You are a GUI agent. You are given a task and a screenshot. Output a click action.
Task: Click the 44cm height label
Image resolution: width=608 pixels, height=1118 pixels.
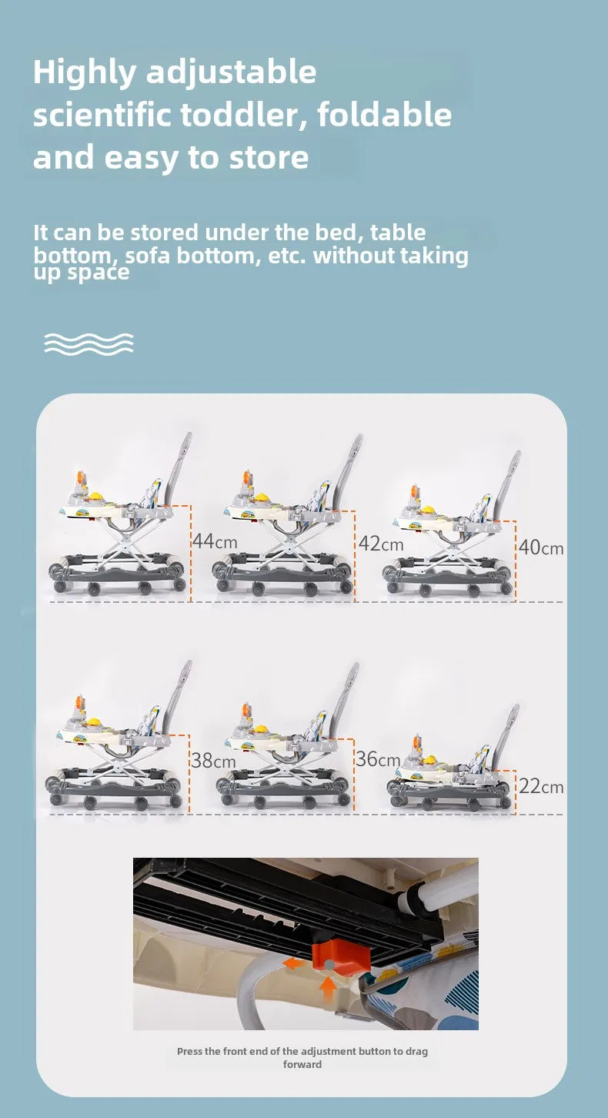pyautogui.click(x=215, y=541)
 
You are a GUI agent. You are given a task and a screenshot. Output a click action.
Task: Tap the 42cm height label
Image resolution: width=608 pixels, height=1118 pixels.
pyautogui.click(x=381, y=544)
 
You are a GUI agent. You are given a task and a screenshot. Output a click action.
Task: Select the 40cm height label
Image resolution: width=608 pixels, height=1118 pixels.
pyautogui.click(x=541, y=547)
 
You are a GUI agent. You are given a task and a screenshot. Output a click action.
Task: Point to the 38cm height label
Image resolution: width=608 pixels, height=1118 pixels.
pyautogui.click(x=213, y=761)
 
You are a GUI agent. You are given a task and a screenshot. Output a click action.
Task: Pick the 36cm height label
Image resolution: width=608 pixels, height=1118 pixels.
pyautogui.click(x=378, y=759)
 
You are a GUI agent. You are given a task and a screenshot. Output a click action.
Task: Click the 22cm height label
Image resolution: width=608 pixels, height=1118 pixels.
pyautogui.click(x=541, y=787)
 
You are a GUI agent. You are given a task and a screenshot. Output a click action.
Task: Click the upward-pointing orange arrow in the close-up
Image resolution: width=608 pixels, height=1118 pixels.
pyautogui.click(x=328, y=988)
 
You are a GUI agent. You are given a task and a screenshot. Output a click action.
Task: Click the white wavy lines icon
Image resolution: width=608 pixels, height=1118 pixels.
pyautogui.click(x=89, y=344)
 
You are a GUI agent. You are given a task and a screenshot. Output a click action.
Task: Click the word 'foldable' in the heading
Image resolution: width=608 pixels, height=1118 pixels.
pyautogui.click(x=384, y=114)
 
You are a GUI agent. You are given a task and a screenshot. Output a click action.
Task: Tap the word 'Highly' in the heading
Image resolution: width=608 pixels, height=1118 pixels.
pyautogui.click(x=84, y=73)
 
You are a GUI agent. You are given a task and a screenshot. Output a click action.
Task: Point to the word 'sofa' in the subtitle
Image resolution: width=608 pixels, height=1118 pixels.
pyautogui.click(x=147, y=255)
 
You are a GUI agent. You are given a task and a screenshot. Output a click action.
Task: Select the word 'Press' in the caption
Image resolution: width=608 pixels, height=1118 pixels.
pyautogui.click(x=189, y=1051)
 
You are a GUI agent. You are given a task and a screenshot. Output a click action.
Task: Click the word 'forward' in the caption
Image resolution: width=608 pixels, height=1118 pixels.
pyautogui.click(x=302, y=1064)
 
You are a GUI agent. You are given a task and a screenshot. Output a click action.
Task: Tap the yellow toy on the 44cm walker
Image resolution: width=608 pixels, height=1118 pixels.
pyautogui.click(x=95, y=497)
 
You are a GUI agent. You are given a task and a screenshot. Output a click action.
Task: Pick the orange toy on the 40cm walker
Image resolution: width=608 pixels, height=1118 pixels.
pyautogui.click(x=414, y=495)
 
